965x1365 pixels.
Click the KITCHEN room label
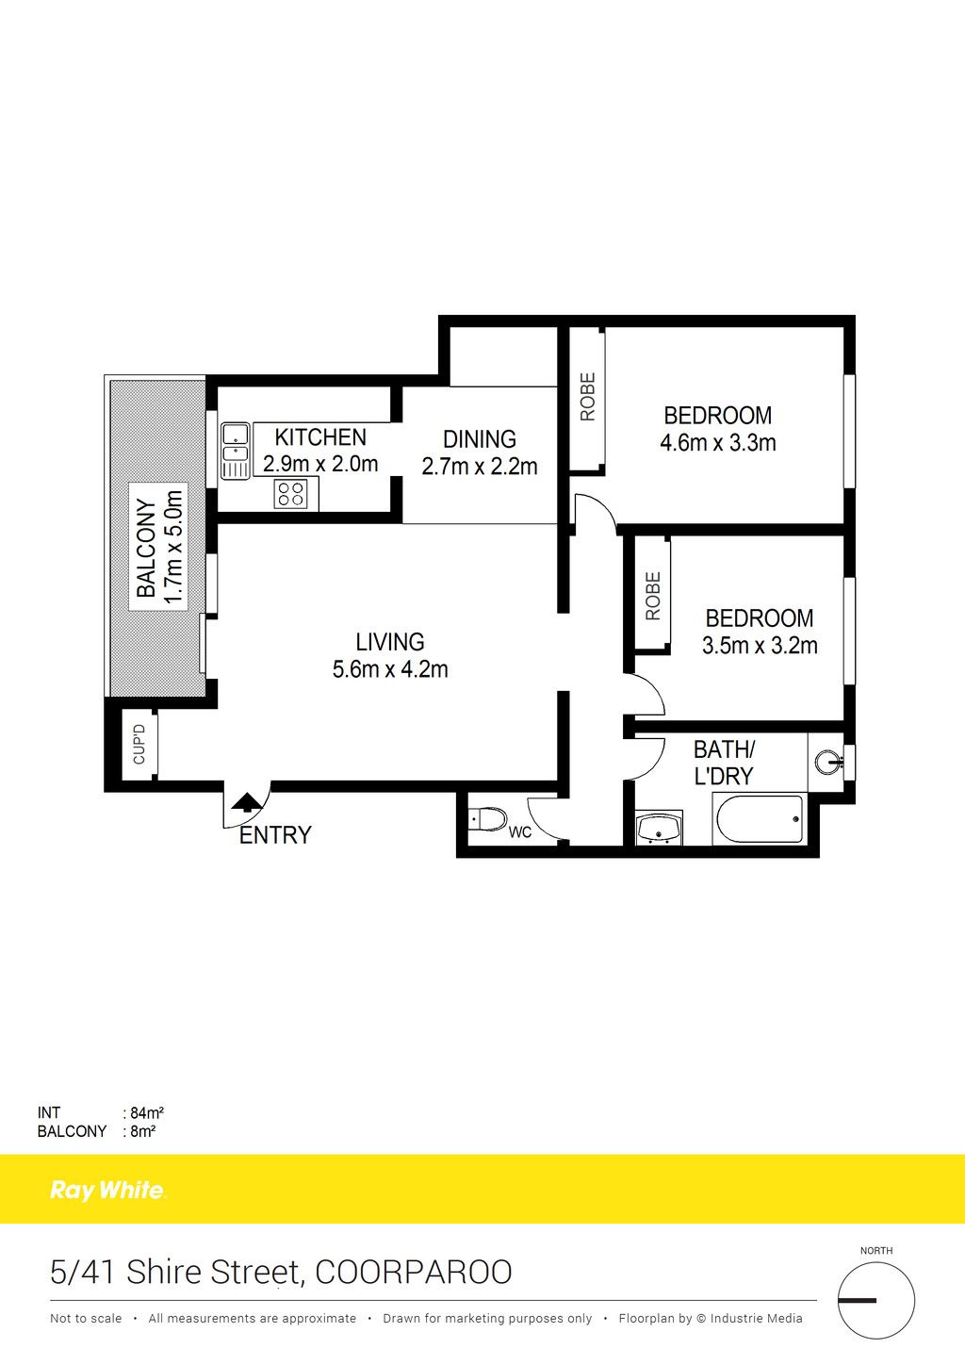coord(320,436)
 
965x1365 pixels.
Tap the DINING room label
coord(480,438)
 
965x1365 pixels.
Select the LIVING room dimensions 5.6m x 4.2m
coord(390,669)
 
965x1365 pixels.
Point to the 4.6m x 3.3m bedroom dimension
coord(718,442)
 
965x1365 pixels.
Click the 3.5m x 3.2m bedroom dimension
coord(760,646)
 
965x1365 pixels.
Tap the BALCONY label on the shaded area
coord(146,548)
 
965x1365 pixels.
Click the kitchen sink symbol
coord(236,451)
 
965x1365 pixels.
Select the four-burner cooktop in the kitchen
coord(290,494)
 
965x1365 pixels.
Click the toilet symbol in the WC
coord(488,819)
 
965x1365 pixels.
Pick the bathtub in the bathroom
coord(760,819)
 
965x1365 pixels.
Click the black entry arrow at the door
coord(246,802)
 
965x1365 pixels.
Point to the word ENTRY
coord(275,835)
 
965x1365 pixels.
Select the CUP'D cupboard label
coord(139,744)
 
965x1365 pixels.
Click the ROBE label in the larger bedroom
coord(587,397)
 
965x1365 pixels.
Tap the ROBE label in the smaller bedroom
coord(652,596)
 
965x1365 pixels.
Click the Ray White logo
coord(107,1190)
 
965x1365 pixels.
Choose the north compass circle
coord(876,1300)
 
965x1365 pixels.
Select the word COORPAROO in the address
coord(414,1272)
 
